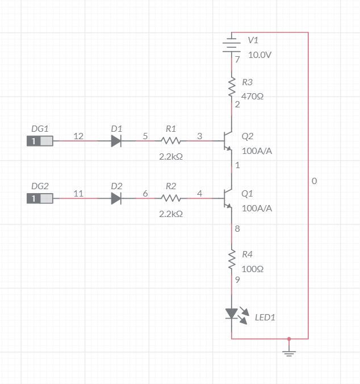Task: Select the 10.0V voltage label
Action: [x=260, y=55]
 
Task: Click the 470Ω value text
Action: [x=253, y=97]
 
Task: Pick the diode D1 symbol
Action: [x=116, y=141]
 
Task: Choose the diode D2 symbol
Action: [x=116, y=198]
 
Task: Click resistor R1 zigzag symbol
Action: [x=171, y=141]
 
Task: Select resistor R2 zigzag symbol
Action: [x=171, y=198]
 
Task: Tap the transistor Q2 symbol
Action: [x=228, y=141]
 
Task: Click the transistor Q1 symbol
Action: [x=228, y=198]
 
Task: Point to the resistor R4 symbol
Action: [x=232, y=259]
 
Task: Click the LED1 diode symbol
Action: [x=232, y=314]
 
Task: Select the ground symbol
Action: [x=289, y=353]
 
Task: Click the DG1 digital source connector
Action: [x=40, y=141]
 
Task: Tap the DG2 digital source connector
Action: [x=40, y=198]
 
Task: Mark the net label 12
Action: [x=78, y=136]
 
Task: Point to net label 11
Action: [x=78, y=194]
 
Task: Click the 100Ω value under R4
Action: [x=253, y=269]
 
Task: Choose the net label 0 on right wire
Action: [x=314, y=181]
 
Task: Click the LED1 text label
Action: [x=265, y=318]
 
